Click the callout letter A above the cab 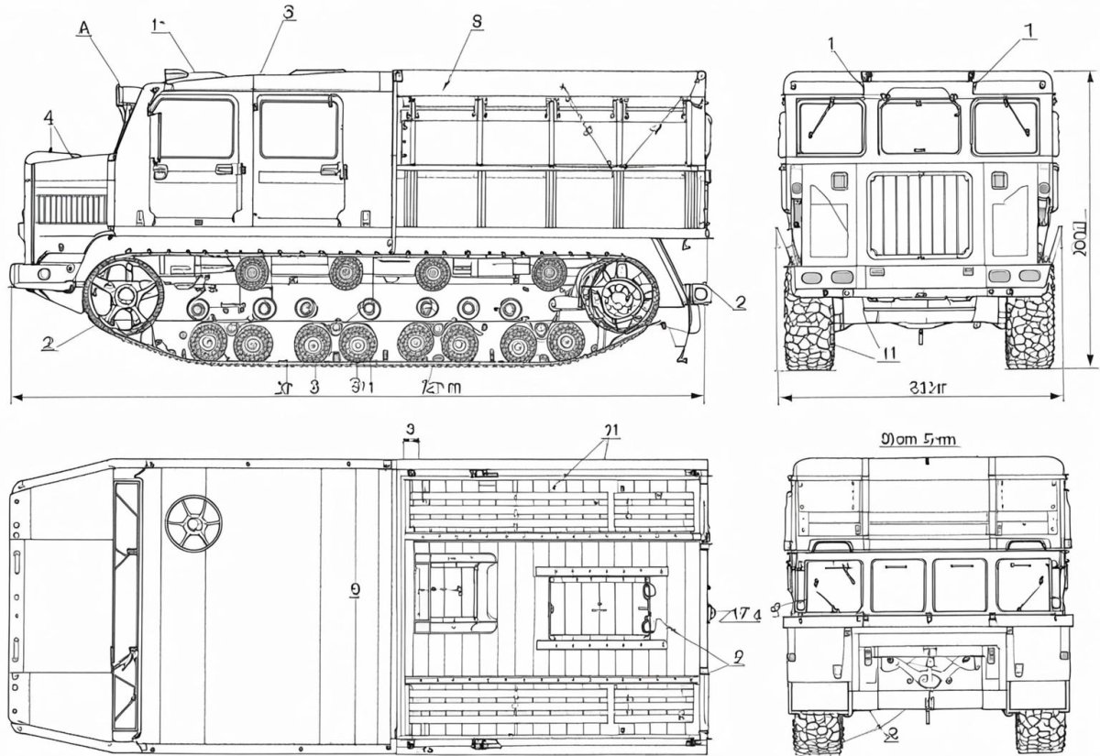(x=84, y=28)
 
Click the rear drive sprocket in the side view (x=620, y=295)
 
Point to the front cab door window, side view (x=196, y=129)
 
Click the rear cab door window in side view (x=299, y=129)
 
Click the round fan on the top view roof (x=193, y=524)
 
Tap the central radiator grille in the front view (x=918, y=216)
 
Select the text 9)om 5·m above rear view (x=918, y=439)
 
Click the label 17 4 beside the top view (x=745, y=614)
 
